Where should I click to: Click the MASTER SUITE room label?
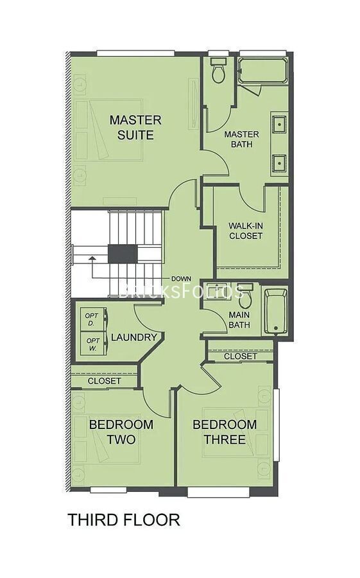135,127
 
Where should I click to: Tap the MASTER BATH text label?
241,139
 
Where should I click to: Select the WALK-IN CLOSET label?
245,231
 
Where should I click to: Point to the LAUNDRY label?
133,337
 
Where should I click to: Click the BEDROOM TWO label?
121,432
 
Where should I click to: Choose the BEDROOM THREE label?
224,432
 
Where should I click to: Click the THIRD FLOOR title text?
123,520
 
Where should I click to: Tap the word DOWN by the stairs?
181,279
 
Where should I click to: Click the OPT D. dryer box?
92,319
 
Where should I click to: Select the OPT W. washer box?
92,344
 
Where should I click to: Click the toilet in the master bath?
219,71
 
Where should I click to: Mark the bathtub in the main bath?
276,311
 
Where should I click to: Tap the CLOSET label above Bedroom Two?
104,381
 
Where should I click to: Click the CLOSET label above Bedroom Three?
241,356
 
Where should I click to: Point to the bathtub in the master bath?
263,71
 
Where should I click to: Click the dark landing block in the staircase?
122,254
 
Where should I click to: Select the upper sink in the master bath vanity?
279,124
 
